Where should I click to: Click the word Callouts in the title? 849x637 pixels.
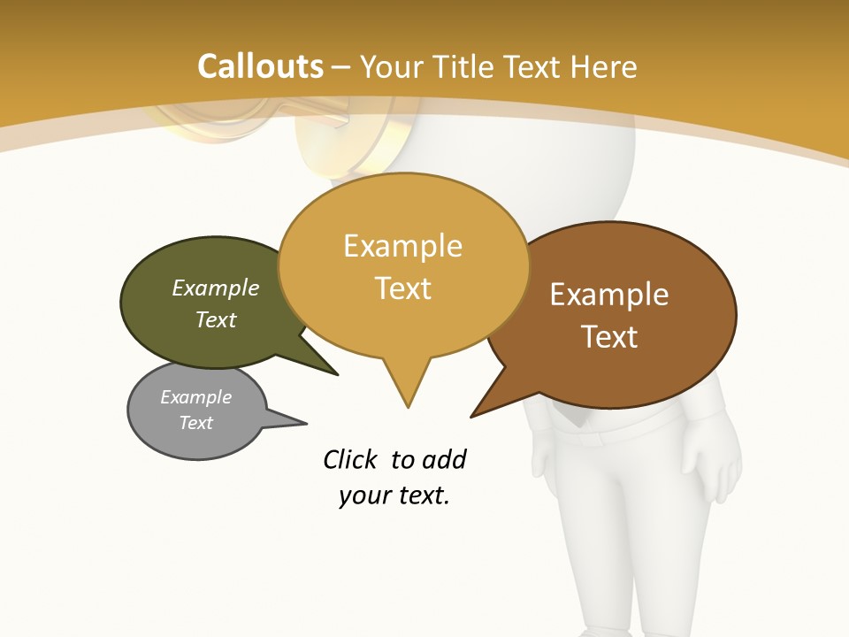[261, 66]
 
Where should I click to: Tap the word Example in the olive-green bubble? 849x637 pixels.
[216, 288]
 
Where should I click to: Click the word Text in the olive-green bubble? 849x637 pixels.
[216, 319]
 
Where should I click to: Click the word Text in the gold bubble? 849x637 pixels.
[403, 288]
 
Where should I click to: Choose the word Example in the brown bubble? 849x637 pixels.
[609, 294]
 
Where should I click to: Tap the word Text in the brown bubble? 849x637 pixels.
[609, 336]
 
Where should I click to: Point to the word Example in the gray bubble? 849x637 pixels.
[195, 397]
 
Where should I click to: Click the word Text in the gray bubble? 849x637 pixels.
[195, 423]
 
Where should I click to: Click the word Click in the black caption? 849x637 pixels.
[351, 460]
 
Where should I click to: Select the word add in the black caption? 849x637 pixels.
[444, 460]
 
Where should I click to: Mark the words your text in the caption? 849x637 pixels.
[394, 496]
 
